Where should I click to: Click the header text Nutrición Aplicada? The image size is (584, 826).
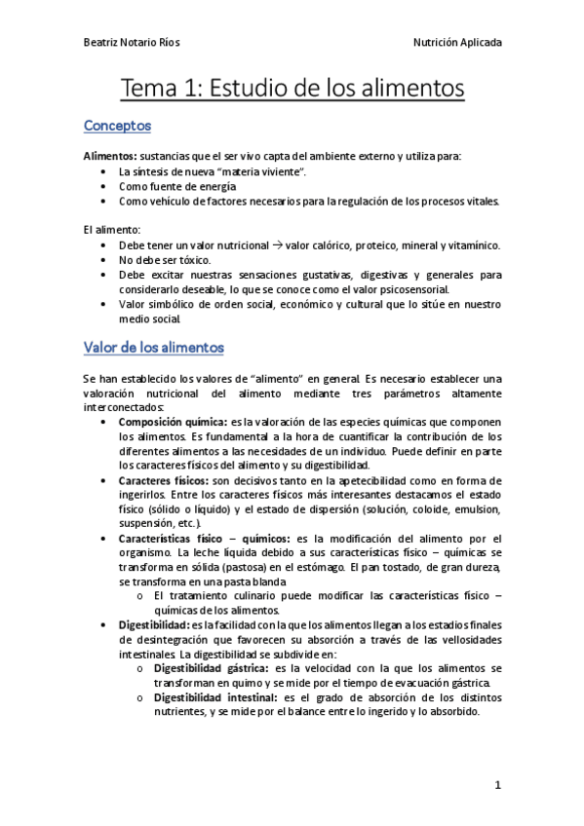click(458, 43)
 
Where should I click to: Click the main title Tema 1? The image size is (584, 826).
click(292, 89)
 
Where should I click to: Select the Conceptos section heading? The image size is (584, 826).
click(117, 126)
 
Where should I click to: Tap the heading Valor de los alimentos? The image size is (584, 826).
click(154, 347)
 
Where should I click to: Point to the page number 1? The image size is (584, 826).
click(496, 785)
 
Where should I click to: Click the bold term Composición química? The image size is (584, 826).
click(173, 422)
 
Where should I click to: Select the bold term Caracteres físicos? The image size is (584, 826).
click(163, 480)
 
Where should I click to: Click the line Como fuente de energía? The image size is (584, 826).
click(177, 186)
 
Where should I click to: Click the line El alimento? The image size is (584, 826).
click(112, 230)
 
